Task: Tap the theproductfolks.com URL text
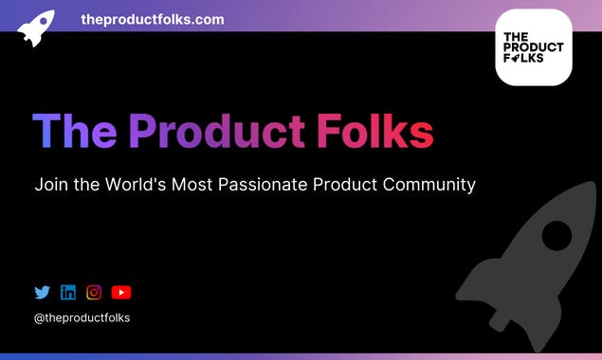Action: click(153, 19)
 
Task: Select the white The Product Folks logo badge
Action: click(533, 47)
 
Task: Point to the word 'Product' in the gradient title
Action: click(217, 132)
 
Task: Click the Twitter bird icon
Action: click(42, 293)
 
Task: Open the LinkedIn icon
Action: click(68, 293)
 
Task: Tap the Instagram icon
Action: click(94, 293)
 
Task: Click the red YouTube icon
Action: click(121, 293)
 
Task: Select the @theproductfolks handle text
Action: click(82, 318)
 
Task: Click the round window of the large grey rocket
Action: click(556, 234)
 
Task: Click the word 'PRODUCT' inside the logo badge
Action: click(533, 47)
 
